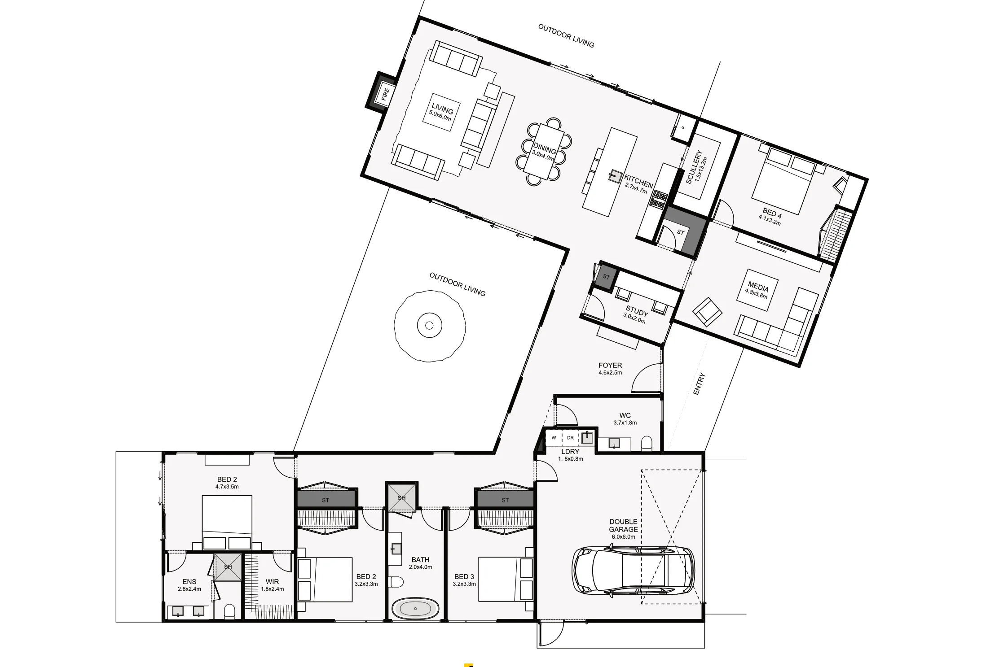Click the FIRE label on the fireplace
[385, 94]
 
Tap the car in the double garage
[633, 571]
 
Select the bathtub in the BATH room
[415, 609]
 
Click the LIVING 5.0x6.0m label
[441, 112]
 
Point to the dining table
[544, 152]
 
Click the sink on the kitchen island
[614, 176]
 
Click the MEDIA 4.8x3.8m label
[757, 289]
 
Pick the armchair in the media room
[707, 311]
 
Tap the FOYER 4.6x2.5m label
[610, 368]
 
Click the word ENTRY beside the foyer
[699, 384]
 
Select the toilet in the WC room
[647, 443]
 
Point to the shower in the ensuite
[228, 567]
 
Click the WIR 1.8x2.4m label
[272, 584]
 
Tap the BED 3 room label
[464, 580]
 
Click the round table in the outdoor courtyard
[429, 325]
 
